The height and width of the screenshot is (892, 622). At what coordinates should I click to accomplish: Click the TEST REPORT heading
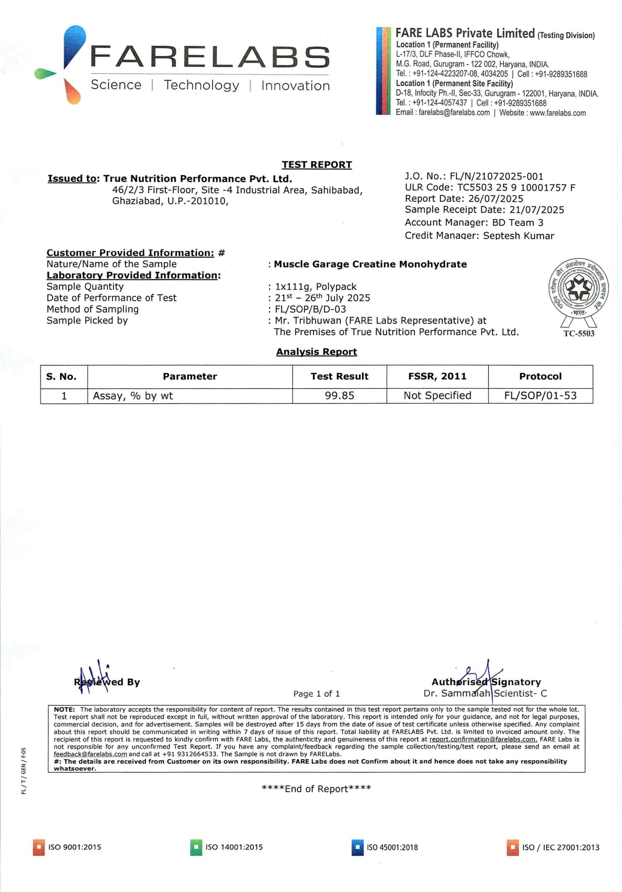click(x=317, y=165)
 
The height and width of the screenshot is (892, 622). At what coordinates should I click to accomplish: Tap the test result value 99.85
click(x=339, y=396)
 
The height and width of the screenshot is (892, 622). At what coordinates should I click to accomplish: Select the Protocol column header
click(x=540, y=376)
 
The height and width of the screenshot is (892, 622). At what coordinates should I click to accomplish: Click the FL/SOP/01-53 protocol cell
click(x=540, y=396)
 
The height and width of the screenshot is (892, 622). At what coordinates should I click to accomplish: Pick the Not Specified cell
click(x=437, y=396)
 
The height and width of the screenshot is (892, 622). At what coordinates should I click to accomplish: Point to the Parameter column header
click(x=190, y=376)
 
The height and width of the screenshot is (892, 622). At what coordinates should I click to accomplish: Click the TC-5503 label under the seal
click(x=579, y=334)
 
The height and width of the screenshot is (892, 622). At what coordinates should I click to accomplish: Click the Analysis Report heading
click(x=317, y=352)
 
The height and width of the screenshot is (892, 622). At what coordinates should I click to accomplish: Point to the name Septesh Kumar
click(x=519, y=236)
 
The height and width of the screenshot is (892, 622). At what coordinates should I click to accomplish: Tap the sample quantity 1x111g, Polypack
click(x=316, y=287)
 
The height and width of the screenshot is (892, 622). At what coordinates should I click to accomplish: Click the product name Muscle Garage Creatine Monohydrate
click(x=370, y=264)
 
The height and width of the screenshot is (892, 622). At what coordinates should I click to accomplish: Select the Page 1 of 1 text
click(x=317, y=694)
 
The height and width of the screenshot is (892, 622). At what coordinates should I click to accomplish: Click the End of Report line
click(x=317, y=789)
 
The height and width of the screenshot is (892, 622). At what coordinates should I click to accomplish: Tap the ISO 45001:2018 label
click(x=392, y=848)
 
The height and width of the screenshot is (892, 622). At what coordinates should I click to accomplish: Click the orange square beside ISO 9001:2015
click(x=38, y=848)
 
